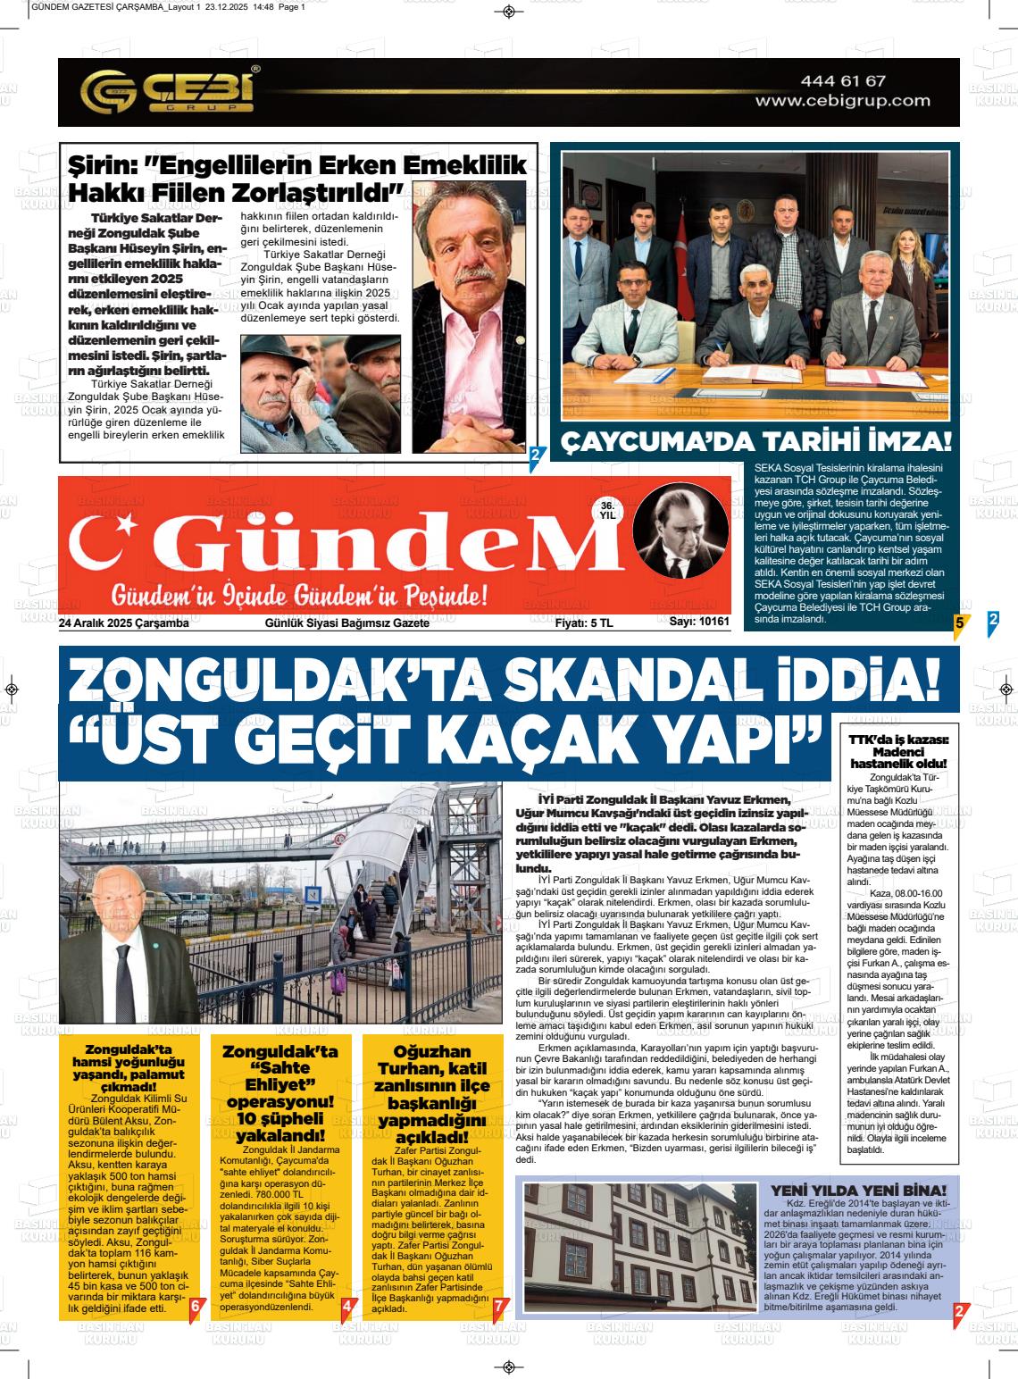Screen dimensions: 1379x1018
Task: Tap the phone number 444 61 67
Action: point(843,81)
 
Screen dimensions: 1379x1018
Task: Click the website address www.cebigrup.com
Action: point(830,101)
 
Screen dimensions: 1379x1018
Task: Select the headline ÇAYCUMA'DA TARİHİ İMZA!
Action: point(755,443)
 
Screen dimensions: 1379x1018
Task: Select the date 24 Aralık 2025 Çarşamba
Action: point(124,623)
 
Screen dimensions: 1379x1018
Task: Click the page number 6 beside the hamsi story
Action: point(196,1307)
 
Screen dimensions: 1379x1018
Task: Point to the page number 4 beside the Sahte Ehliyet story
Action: point(346,1307)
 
